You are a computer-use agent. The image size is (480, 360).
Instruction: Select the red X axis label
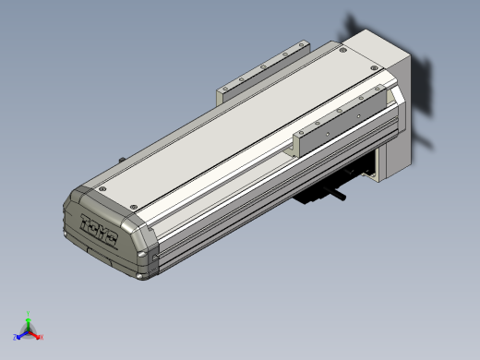pyautogui.click(x=42, y=337)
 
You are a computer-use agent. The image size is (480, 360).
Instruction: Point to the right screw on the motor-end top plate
pyautogui.click(x=374, y=67)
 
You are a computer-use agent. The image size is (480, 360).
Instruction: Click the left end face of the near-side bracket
pyautogui.click(x=298, y=143)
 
